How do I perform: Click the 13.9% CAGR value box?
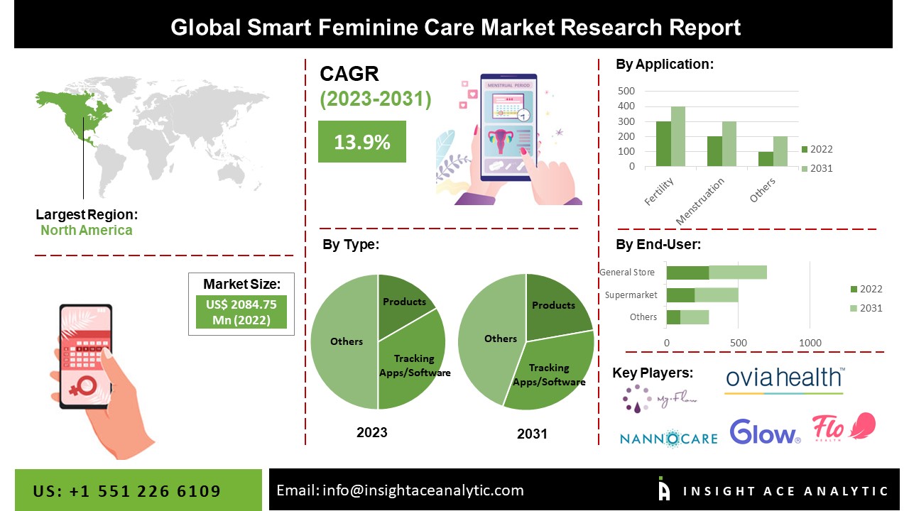click(361, 141)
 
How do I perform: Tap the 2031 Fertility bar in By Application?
click(678, 136)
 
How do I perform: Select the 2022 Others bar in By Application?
click(766, 159)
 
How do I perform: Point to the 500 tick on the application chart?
click(626, 91)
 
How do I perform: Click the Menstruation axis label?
click(701, 202)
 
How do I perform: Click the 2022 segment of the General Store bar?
click(687, 273)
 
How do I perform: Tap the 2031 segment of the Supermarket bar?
click(717, 295)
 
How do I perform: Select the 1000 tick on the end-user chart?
click(810, 344)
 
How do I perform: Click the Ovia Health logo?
click(784, 380)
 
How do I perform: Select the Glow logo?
click(765, 432)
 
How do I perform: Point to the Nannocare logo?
click(668, 437)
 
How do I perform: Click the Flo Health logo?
click(844, 427)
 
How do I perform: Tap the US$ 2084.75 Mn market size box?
click(241, 312)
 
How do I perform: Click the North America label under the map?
click(86, 230)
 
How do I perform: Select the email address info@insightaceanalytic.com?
click(400, 490)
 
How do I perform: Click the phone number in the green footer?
click(127, 491)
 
